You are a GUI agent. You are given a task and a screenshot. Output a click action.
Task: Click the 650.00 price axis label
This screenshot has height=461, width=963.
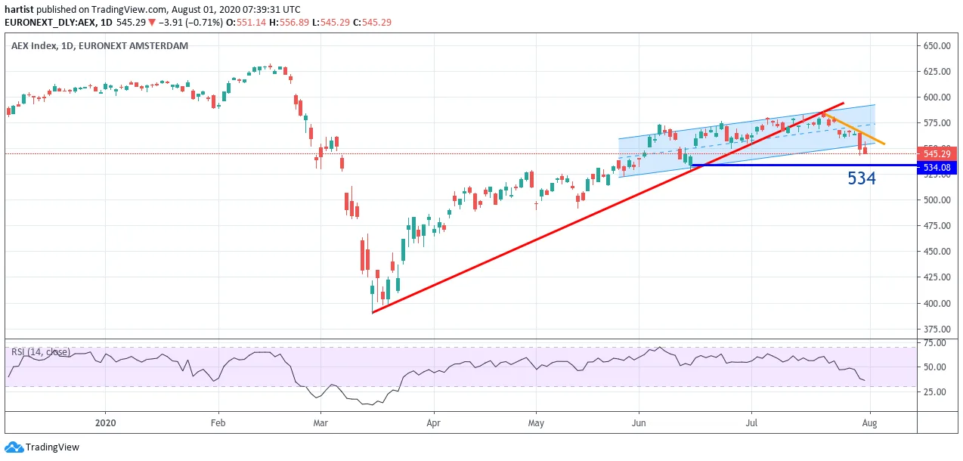(x=937, y=45)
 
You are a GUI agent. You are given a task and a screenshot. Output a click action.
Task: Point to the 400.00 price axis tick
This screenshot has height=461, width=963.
(x=937, y=303)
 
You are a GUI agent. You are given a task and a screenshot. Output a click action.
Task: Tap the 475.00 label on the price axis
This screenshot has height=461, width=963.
(x=937, y=225)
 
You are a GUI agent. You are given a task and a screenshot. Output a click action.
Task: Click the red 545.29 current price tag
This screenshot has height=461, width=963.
(x=937, y=153)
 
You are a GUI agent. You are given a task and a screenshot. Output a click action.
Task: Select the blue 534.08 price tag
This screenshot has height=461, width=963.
(x=937, y=167)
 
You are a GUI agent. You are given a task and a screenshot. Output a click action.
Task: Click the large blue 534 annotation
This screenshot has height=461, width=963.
(x=862, y=178)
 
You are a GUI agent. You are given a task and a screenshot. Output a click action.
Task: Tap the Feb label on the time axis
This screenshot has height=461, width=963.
(x=218, y=422)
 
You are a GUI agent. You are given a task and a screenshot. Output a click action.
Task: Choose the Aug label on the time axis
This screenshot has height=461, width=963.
(x=869, y=422)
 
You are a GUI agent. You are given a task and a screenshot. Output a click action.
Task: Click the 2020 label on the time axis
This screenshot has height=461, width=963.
(x=105, y=422)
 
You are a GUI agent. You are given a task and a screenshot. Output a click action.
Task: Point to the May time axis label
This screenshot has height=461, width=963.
(x=536, y=423)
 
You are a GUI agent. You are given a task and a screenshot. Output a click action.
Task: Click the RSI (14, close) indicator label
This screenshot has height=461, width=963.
(x=41, y=352)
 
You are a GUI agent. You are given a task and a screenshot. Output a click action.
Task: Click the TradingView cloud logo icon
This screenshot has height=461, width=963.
(x=14, y=447)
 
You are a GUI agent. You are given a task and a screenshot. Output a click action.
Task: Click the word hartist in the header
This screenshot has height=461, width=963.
(x=19, y=9)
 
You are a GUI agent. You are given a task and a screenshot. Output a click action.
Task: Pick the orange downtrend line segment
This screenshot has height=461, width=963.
(x=854, y=128)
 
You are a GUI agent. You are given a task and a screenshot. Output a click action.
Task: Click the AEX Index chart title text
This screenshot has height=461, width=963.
(x=99, y=45)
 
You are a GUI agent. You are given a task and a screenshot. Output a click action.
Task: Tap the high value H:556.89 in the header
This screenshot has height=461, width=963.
(x=289, y=23)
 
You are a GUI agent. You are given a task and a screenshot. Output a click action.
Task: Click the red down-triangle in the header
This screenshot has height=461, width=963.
(x=152, y=23)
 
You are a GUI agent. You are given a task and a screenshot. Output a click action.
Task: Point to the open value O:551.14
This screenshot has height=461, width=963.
(x=246, y=23)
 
